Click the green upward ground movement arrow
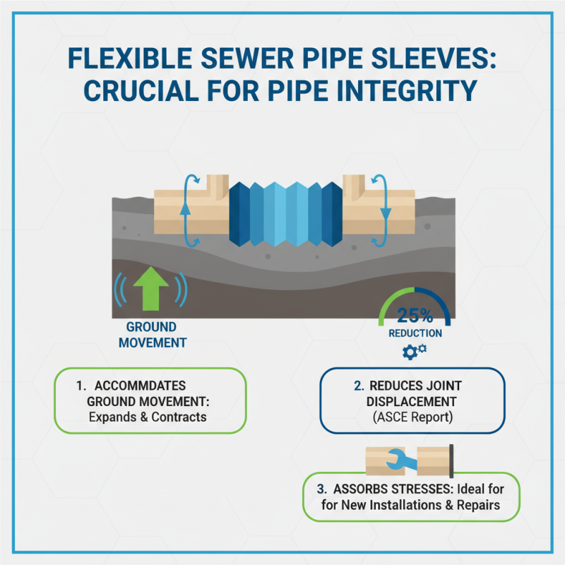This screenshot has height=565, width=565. coord(151,290)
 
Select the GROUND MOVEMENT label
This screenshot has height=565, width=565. coord(152,335)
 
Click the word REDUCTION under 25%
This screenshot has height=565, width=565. coord(415,333)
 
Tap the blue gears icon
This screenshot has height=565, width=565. coord(414,352)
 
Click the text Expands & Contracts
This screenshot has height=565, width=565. coord(147,417)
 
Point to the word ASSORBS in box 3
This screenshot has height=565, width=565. coord(359,489)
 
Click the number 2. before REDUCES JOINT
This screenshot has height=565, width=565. coord(359,386)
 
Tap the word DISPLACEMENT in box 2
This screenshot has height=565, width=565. coord(405,401)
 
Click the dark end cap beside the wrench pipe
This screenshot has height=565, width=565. coord(451,459)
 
